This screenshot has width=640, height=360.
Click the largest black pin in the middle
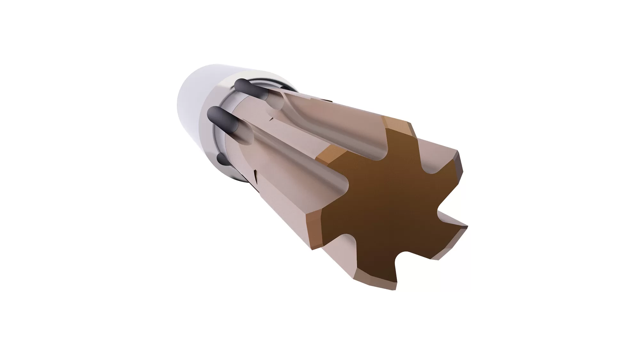coord(224,120)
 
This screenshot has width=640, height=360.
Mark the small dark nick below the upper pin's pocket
coord(272,119)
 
